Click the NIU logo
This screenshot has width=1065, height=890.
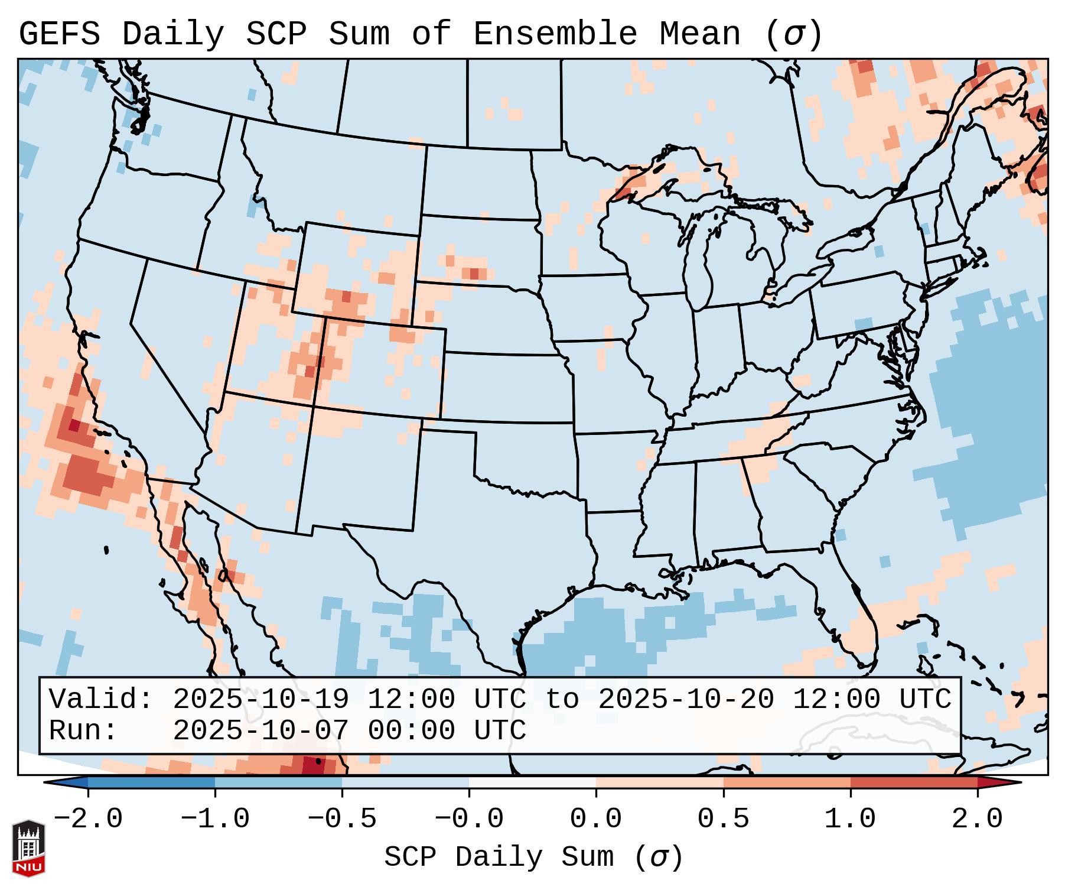[28, 848]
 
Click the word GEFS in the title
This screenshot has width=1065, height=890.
[60, 34]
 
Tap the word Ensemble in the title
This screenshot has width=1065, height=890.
[555, 34]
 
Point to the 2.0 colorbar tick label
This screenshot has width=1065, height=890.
[977, 819]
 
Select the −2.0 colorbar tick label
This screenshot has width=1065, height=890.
[88, 819]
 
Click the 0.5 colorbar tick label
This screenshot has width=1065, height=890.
[723, 819]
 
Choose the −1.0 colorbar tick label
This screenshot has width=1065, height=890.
[215, 819]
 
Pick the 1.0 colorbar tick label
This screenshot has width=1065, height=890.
[850, 819]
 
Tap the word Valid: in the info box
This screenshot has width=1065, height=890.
[101, 700]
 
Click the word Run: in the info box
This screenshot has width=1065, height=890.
[83, 731]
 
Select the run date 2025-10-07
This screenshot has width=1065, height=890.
[260, 731]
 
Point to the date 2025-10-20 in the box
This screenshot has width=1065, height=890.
[686, 700]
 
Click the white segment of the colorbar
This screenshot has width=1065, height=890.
[532, 782]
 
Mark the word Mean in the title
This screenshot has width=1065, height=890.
[700, 34]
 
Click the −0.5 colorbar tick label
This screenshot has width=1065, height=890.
[342, 819]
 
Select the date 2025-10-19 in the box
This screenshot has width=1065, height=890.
[260, 700]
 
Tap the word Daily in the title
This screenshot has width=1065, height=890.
[173, 34]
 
